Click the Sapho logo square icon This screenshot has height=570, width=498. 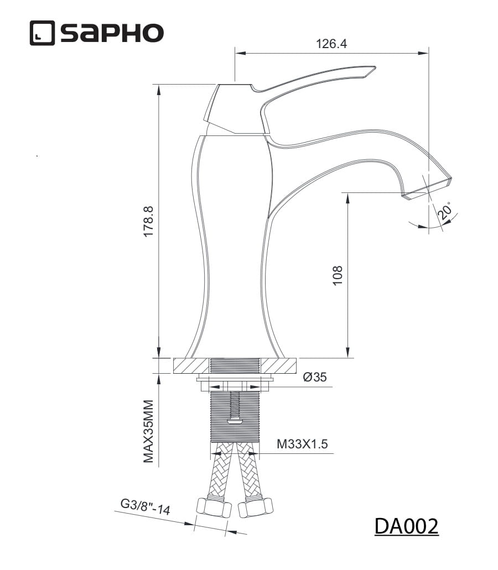tap(42, 33)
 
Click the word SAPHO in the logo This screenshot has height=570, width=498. tap(112, 33)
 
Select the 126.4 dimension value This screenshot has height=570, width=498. tap(331, 44)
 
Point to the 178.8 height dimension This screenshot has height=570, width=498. tap(148, 221)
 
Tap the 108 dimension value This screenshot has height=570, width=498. tap(338, 275)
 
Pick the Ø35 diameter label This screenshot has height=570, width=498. tap(315, 377)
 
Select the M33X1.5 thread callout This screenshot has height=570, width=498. tap(302, 444)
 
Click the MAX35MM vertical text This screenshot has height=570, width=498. tap(148, 431)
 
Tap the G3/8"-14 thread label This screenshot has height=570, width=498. tap(146, 507)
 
